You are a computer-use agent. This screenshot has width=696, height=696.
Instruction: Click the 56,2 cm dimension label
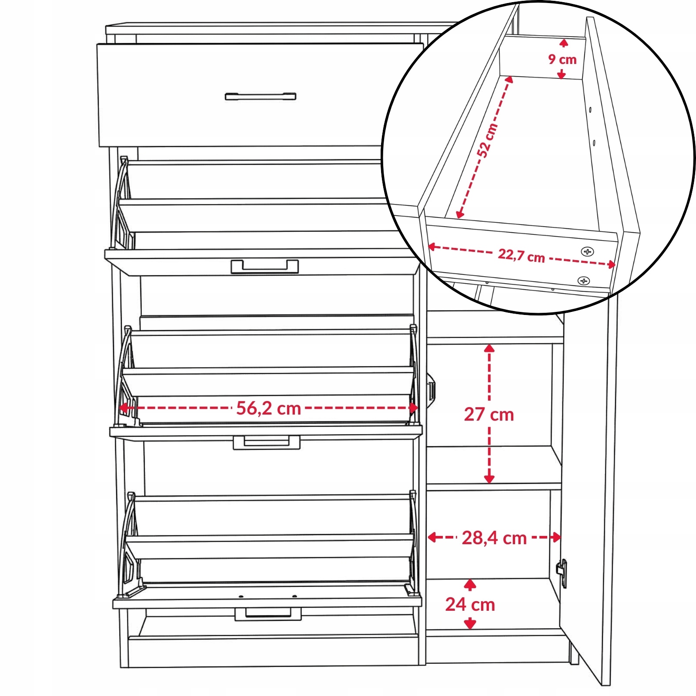[x=268, y=408]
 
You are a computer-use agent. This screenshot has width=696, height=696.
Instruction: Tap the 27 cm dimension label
[x=489, y=415]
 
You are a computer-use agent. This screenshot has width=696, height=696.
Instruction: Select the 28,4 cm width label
[x=494, y=538]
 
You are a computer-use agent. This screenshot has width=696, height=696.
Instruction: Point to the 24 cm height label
[x=470, y=605]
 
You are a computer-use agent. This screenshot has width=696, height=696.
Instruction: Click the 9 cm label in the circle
[x=562, y=59]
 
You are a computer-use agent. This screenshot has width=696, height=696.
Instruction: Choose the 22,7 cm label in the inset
[x=521, y=255]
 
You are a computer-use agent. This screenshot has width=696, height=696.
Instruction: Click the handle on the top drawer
[x=261, y=96]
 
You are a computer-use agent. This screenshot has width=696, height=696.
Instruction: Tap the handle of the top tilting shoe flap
[x=264, y=267]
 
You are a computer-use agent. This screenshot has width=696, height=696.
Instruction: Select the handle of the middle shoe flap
[x=266, y=442]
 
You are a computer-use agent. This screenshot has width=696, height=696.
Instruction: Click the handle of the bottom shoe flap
[x=268, y=614]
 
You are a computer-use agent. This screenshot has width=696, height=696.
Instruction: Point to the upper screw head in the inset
[x=588, y=251]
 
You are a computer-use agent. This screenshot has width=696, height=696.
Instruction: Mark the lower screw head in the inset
[x=583, y=281]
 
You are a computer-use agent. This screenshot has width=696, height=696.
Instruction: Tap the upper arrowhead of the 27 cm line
[x=489, y=348]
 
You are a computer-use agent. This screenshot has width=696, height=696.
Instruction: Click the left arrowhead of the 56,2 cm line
[x=123, y=408]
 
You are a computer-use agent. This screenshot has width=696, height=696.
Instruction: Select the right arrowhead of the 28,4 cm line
[x=556, y=538]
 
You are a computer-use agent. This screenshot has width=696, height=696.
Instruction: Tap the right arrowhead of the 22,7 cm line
[x=611, y=264]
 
